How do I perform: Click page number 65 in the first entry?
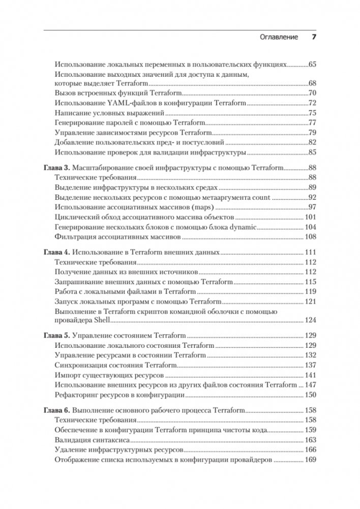click(312, 65)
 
